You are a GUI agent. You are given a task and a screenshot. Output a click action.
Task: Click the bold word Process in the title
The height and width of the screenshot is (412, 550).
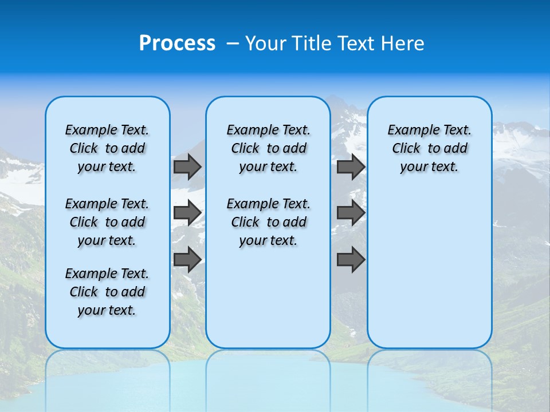(177, 43)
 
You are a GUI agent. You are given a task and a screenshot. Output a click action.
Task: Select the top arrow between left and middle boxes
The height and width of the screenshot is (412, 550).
(187, 167)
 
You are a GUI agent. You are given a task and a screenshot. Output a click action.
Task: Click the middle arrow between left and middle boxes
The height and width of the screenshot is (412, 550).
(187, 213)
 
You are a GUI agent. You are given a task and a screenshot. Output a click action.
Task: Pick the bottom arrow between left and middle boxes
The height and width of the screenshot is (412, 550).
(187, 260)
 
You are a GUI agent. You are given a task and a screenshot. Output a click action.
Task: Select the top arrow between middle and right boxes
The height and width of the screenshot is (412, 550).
(351, 167)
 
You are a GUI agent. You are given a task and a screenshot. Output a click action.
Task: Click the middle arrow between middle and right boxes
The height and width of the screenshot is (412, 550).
(351, 213)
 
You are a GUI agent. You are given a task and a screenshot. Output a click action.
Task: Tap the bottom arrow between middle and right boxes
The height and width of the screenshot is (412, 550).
(351, 260)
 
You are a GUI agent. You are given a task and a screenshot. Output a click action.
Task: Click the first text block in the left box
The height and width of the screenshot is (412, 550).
(107, 148)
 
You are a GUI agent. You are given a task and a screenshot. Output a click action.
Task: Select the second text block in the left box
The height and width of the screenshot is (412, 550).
(107, 222)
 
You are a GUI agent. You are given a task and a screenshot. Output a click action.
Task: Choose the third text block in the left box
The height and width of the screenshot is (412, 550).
(107, 292)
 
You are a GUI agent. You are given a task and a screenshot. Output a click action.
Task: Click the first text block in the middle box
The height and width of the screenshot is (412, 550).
(268, 148)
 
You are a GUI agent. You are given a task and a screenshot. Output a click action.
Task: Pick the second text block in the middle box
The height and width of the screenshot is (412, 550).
(268, 222)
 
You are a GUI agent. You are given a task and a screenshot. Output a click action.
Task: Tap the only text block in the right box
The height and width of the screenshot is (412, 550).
(430, 148)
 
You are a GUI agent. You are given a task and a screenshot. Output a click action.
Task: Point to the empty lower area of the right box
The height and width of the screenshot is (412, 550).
(430, 269)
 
